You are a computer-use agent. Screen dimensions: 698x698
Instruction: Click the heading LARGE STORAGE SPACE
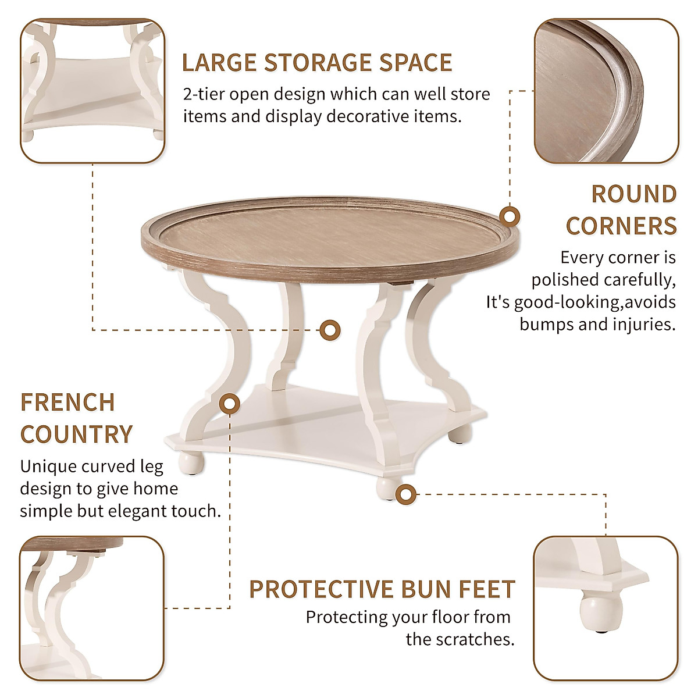317,63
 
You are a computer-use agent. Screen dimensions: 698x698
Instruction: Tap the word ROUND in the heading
633,194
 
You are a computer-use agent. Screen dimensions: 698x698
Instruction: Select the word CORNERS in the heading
621,226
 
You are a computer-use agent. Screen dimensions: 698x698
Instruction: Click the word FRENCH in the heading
67,403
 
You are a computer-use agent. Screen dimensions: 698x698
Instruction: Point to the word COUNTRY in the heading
77,435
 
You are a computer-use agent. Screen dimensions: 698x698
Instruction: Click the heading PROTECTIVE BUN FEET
382,589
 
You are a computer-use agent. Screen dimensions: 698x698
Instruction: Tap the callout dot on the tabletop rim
510,217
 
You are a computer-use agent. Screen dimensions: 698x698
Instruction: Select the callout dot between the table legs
330,330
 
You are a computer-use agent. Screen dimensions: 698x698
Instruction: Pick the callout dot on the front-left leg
231,403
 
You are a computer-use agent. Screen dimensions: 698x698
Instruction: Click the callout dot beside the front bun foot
406,494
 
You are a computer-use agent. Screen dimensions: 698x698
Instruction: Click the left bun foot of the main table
188,461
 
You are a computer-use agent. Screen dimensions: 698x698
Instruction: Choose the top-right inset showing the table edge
606,91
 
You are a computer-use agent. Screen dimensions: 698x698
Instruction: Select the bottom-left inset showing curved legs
92,608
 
